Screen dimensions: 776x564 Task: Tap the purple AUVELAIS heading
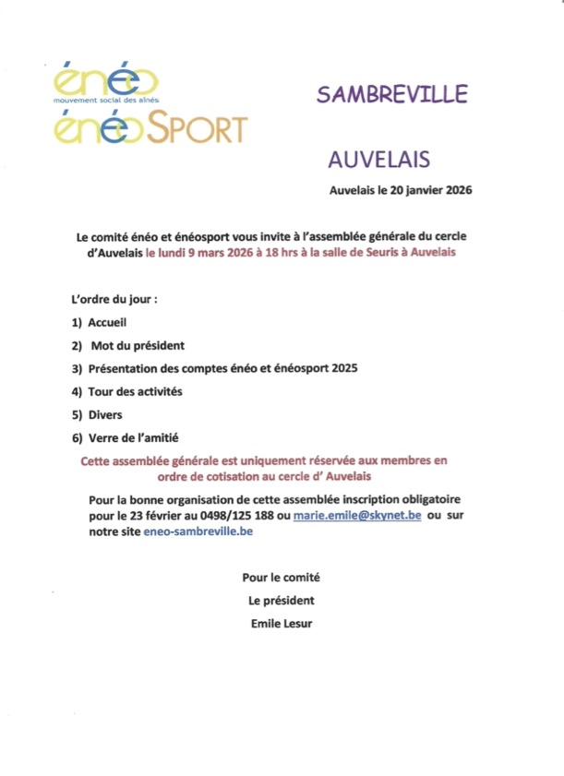[x=378, y=160]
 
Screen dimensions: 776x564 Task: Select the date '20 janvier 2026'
[x=428, y=191]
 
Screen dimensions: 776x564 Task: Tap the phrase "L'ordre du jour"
[x=114, y=300]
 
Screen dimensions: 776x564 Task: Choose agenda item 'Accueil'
[x=107, y=323]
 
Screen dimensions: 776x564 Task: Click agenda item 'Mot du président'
[x=138, y=346]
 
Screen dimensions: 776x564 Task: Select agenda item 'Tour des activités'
[x=135, y=391]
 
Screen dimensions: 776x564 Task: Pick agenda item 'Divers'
[x=104, y=414]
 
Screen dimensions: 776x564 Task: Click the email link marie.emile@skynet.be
[x=357, y=516]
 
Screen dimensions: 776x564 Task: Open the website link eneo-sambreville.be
[x=198, y=531]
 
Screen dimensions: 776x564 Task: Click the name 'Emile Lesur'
[x=282, y=623]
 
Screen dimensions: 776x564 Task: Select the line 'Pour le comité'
[x=282, y=578]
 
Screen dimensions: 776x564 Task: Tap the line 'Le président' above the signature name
[x=282, y=601]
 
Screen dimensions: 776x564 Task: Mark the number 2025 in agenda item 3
[x=342, y=368]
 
